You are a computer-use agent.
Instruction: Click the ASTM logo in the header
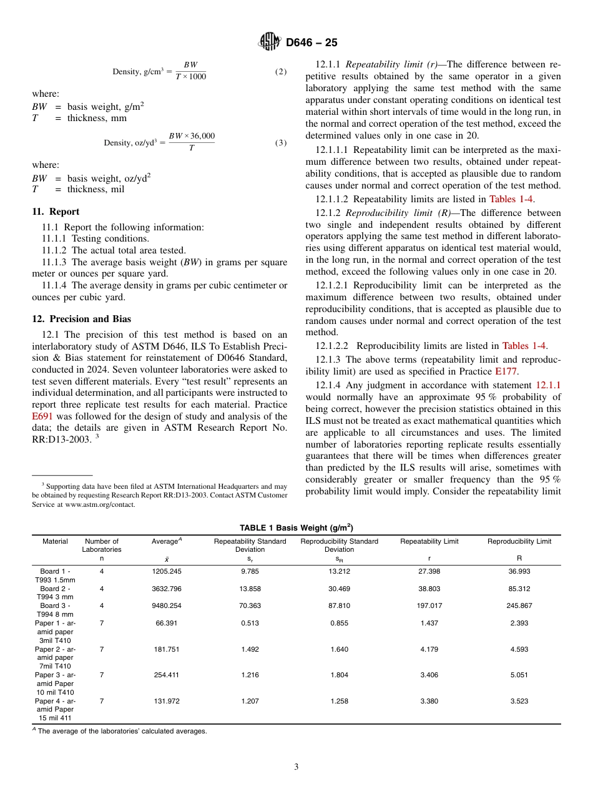(x=270, y=42)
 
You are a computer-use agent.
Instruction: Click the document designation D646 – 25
(x=311, y=42)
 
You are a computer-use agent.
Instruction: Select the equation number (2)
(x=281, y=72)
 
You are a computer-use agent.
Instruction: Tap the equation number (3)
(x=281, y=142)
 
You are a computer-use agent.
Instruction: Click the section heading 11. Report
(x=56, y=212)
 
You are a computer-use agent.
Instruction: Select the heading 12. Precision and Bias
(x=81, y=319)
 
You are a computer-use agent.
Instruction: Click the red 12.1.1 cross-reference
(x=548, y=386)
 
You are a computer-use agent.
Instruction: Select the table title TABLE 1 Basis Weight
(x=296, y=527)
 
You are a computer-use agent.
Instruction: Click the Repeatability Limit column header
(x=429, y=541)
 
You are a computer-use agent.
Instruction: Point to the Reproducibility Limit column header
(x=519, y=541)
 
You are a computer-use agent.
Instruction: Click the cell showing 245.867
(x=519, y=605)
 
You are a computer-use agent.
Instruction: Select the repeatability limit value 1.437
(x=429, y=623)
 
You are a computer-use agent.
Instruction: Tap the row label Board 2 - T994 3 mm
(x=55, y=592)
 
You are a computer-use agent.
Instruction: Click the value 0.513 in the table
(x=250, y=623)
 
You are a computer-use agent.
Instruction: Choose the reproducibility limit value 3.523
(x=519, y=701)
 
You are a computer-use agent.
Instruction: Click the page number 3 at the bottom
(x=296, y=767)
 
